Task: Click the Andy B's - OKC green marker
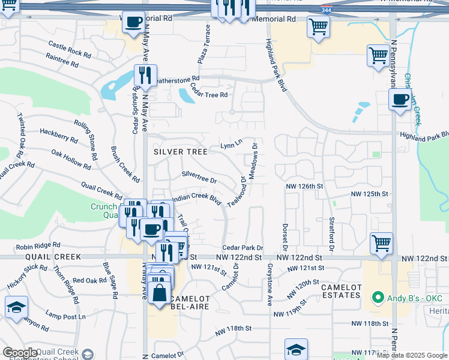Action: coord(378,297)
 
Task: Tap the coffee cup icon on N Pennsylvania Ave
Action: coord(400,100)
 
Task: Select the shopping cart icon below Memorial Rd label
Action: coord(318,26)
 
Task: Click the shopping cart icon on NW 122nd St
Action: coord(382,244)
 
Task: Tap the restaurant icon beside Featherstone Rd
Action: coord(145,76)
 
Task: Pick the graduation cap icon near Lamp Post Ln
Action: coord(17,307)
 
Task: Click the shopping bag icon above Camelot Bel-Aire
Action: coord(160,294)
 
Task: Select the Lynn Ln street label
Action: coord(231,145)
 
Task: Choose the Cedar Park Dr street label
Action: coord(243,248)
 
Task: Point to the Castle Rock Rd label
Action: coord(70,50)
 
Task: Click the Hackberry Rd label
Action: coord(58,135)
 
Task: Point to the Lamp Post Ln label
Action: coord(65,316)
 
